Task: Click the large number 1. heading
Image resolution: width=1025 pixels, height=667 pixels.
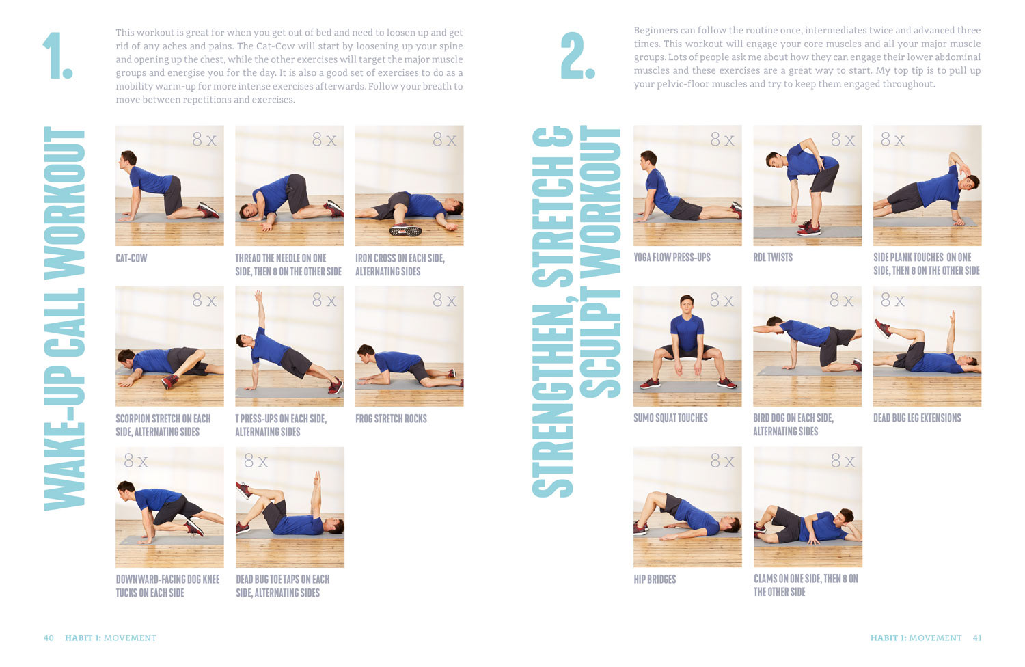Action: pos(57,55)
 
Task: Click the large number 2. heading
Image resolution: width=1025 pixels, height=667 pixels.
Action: pos(577,55)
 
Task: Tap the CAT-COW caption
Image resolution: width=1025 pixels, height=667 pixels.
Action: pos(131,258)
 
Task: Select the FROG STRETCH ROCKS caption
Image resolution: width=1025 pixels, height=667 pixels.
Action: pos(391,418)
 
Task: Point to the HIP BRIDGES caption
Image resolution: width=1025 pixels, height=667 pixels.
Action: pos(655,579)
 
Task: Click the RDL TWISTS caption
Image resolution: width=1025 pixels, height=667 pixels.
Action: pos(773,257)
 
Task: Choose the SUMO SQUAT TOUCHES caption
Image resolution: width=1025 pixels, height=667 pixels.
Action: pos(670,418)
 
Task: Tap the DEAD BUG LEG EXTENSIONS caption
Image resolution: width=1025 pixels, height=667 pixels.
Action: pos(917,418)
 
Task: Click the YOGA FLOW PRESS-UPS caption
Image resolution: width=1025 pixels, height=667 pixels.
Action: pos(672,257)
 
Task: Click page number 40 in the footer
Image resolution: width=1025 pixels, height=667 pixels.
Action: pos(49,638)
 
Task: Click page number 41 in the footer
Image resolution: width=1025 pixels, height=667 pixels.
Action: pos(977,638)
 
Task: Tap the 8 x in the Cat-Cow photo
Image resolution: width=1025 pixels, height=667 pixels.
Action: pos(204,139)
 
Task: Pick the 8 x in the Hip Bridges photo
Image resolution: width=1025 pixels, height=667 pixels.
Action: pos(722,461)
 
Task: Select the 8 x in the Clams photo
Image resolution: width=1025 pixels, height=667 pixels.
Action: pos(843,461)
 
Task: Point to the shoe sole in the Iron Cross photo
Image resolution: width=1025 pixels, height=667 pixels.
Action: pos(405,230)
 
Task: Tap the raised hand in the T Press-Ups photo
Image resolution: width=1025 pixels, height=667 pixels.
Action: pos(258,295)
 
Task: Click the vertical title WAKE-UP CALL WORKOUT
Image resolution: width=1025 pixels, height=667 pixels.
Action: pos(64,318)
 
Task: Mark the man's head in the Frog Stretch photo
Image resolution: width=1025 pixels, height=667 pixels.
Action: pos(366,353)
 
